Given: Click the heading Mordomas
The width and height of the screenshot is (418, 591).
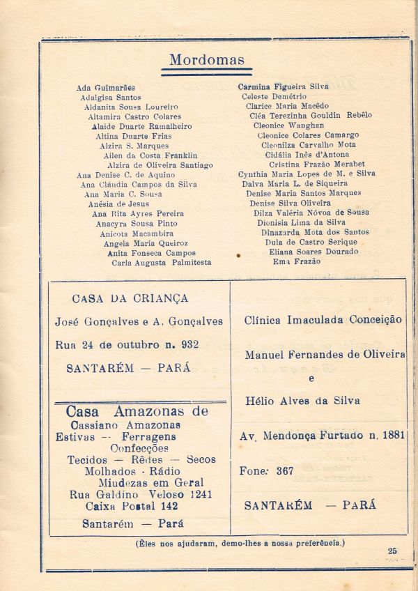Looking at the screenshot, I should (x=207, y=60).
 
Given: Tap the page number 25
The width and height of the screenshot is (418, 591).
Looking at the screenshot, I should (x=392, y=551).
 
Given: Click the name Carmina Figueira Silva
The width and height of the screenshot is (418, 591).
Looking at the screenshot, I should (x=284, y=87).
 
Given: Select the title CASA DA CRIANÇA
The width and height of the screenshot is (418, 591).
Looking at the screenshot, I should (x=130, y=298).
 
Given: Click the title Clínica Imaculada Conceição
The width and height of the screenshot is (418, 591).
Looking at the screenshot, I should (x=323, y=320).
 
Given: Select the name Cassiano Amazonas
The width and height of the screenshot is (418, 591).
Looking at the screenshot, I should (x=125, y=425).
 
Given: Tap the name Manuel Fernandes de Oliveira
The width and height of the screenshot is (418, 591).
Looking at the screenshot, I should (x=325, y=355).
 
